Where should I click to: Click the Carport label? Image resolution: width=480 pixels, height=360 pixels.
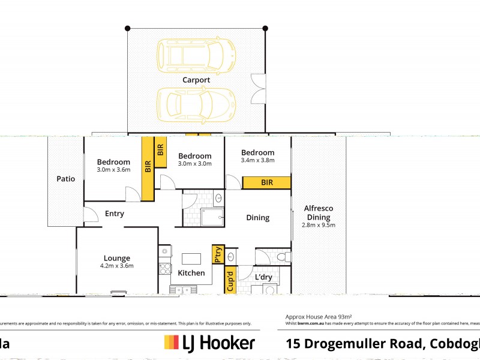(x=196, y=80)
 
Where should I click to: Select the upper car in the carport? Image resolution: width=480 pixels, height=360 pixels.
(x=196, y=55)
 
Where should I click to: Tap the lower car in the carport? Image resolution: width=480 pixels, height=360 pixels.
(x=196, y=103)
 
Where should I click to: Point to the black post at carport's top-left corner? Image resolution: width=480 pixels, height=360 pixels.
(x=127, y=28)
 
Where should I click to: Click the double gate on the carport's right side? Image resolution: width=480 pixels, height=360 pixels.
(x=259, y=88)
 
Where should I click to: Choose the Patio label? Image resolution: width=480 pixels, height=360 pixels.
(x=66, y=178)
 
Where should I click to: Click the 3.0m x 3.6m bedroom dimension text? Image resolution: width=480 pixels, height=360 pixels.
(x=113, y=170)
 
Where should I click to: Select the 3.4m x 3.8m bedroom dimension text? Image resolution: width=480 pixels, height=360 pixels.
(x=257, y=160)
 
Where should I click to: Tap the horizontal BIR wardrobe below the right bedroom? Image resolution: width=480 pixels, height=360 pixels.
(x=267, y=182)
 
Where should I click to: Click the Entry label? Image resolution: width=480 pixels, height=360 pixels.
(x=115, y=214)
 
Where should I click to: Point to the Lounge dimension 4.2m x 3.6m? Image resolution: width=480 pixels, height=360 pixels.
(x=116, y=265)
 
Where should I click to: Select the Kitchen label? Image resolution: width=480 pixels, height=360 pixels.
(x=191, y=273)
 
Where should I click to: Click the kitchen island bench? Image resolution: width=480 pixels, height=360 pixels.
(x=191, y=259)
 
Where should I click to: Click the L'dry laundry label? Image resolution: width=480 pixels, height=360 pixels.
(x=264, y=277)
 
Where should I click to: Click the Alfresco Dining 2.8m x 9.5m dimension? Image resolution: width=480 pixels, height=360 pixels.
(x=320, y=225)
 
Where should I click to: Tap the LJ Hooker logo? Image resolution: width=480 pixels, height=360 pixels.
(x=209, y=343)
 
